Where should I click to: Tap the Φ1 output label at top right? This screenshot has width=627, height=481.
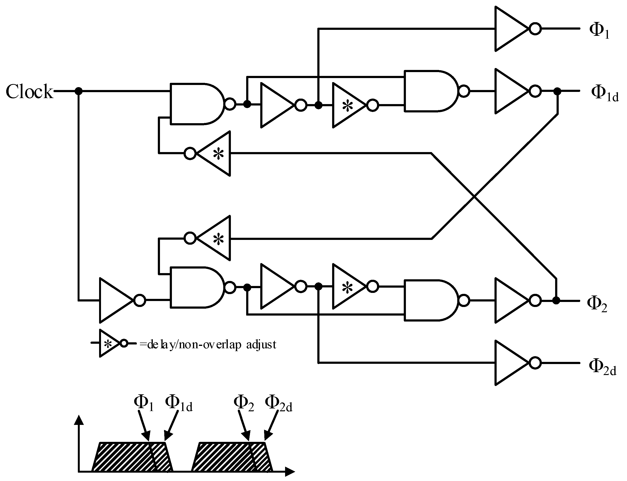(600, 30)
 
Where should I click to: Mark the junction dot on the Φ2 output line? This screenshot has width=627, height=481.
(556, 300)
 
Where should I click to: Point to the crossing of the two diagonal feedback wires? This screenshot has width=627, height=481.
(474, 196)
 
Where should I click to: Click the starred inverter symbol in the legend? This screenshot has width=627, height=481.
(110, 343)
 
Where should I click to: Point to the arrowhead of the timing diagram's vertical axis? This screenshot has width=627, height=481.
(79, 420)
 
